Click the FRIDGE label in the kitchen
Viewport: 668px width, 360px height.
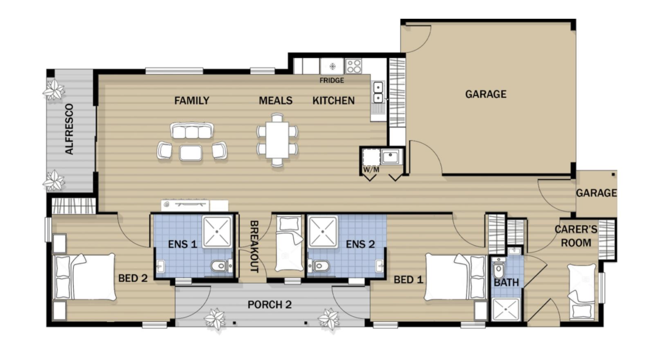(332, 80)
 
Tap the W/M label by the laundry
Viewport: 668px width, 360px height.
(371, 170)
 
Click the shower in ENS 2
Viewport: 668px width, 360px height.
(323, 232)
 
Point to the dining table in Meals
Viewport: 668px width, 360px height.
(277, 139)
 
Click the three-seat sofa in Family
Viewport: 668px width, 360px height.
(192, 132)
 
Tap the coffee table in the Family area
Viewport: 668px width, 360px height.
(191, 153)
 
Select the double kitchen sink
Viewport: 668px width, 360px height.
(378, 92)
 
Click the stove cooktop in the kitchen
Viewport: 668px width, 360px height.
(353, 66)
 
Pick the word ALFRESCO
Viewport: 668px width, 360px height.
(69, 129)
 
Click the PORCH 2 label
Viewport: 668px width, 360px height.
(269, 305)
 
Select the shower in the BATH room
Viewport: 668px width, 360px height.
(506, 310)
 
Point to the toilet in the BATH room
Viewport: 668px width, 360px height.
(498, 270)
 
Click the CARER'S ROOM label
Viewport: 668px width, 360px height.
(576, 236)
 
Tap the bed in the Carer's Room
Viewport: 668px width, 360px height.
(581, 291)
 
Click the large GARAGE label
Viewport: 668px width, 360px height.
(486, 94)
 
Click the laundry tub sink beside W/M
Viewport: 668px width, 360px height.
(390, 157)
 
